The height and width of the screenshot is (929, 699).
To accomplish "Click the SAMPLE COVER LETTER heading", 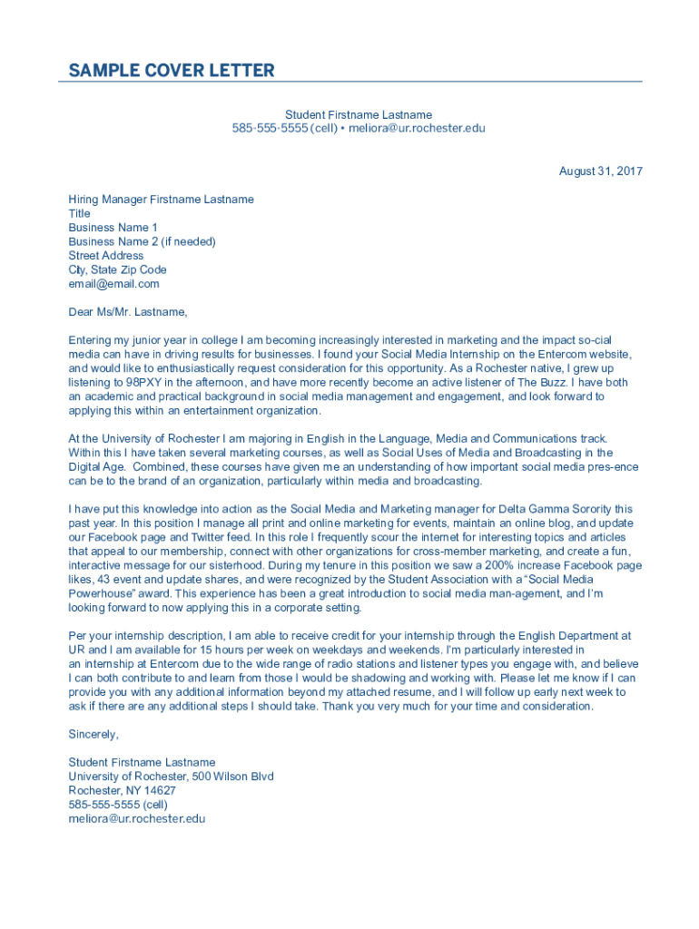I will [x=172, y=71].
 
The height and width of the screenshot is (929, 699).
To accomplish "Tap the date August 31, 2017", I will [x=601, y=171].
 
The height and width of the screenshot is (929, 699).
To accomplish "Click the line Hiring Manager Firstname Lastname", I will [x=161, y=199].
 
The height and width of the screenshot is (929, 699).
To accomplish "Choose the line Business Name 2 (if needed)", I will [x=142, y=241].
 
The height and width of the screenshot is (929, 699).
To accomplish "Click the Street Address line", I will [x=105, y=256].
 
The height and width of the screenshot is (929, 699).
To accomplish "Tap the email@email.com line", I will [x=113, y=284].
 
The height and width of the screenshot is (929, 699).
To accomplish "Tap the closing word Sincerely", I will [x=94, y=734].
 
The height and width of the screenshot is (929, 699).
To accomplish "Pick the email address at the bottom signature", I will [x=136, y=818].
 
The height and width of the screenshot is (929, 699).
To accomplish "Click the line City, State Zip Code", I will [x=117, y=269].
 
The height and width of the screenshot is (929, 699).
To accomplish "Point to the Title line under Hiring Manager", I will [x=79, y=213].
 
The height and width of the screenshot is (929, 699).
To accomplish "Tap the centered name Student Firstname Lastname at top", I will [x=359, y=114].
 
